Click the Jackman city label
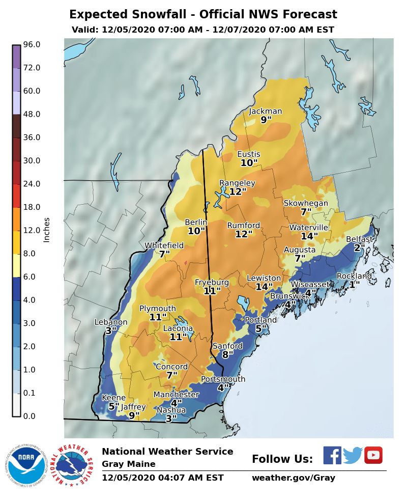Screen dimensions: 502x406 coord(265,111)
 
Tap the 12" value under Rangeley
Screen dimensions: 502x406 coord(237,192)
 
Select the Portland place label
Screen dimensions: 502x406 coord(260,320)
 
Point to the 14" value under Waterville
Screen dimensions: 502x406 coord(309,236)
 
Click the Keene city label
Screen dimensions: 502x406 coord(114,398)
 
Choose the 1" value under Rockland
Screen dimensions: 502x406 coord(355,285)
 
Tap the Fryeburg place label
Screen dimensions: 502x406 coord(212,283)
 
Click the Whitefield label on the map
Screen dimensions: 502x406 coord(164,245)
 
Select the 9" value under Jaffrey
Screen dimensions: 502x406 coord(134,415)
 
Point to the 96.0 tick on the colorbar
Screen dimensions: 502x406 coord(32,45)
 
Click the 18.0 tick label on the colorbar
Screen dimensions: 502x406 coord(32,207)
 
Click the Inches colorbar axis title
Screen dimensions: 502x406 coord(47,230)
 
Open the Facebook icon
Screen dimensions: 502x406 coord(332,455)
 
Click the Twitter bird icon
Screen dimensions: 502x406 coord(352,455)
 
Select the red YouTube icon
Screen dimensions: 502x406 coord(373,455)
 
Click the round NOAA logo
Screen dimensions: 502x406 coord(26,465)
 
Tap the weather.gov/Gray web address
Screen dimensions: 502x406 coord(294,478)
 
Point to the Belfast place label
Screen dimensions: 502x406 coord(359,239)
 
